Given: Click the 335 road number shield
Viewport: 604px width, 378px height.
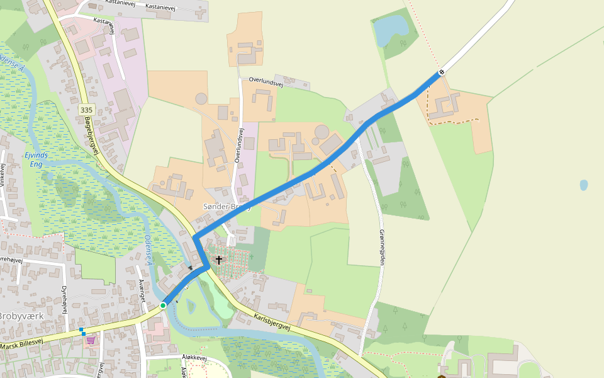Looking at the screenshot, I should point(87,110).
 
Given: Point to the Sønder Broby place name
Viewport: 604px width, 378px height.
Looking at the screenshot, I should point(226,207).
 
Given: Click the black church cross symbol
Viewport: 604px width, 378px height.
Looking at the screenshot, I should point(218,260).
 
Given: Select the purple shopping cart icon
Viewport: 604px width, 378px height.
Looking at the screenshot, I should point(91,340).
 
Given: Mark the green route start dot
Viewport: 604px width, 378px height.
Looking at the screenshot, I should point(163,306).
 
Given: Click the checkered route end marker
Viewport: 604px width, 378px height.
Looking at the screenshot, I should point(442,72).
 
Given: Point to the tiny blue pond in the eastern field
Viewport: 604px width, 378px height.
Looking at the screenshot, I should point(584,185).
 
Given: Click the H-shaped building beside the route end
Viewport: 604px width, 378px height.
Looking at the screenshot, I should point(447,105).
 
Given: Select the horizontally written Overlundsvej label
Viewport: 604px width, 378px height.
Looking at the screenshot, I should point(267,80).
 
